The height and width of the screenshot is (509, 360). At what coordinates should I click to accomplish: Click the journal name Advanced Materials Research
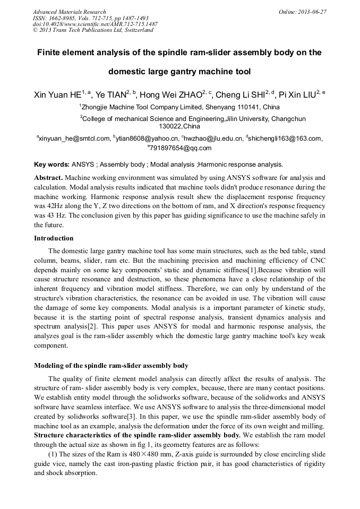(69, 12)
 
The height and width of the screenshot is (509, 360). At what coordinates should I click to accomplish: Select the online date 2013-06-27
(312, 12)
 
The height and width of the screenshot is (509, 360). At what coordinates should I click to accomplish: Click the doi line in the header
(95, 24)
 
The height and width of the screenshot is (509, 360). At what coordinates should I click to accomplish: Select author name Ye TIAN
(111, 96)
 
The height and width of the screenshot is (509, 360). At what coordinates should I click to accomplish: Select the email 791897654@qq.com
(181, 148)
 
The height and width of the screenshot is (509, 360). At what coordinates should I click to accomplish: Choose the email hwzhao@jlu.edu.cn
(214, 139)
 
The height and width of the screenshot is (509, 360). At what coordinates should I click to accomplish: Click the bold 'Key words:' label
(52, 165)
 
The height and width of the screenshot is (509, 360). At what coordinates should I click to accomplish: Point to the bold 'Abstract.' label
(48, 177)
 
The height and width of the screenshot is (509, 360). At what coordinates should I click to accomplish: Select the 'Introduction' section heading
(54, 238)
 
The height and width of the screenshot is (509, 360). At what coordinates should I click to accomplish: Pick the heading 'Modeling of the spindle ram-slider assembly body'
(111, 366)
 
